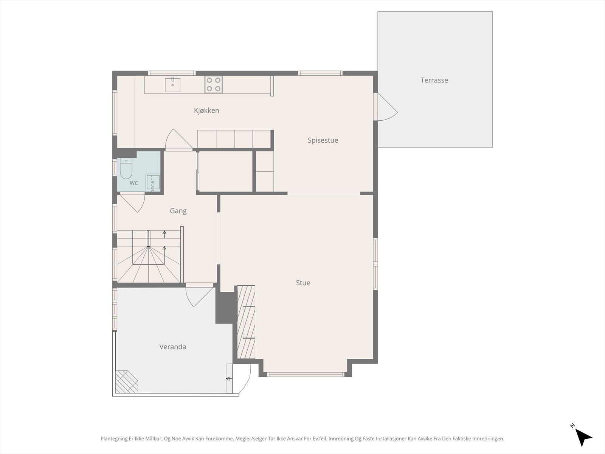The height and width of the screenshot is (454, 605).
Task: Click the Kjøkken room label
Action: (x=206, y=110)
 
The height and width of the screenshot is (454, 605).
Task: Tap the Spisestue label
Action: (x=323, y=140)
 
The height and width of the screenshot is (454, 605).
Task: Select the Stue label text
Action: (x=303, y=283)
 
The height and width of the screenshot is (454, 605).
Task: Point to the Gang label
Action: (x=178, y=211)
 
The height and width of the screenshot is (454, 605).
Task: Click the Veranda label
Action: (x=172, y=347)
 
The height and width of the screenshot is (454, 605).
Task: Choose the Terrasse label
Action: (x=434, y=80)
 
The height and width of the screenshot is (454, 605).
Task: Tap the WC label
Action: (x=134, y=183)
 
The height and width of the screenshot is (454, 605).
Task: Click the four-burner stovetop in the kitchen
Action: (x=213, y=84)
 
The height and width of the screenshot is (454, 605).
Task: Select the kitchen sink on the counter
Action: (x=172, y=85)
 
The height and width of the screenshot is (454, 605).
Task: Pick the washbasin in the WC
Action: (x=153, y=182)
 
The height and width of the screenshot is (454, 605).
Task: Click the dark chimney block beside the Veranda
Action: (x=226, y=308)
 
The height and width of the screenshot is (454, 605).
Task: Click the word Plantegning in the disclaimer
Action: (x=114, y=438)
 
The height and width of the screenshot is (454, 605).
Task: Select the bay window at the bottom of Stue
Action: (x=306, y=375)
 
